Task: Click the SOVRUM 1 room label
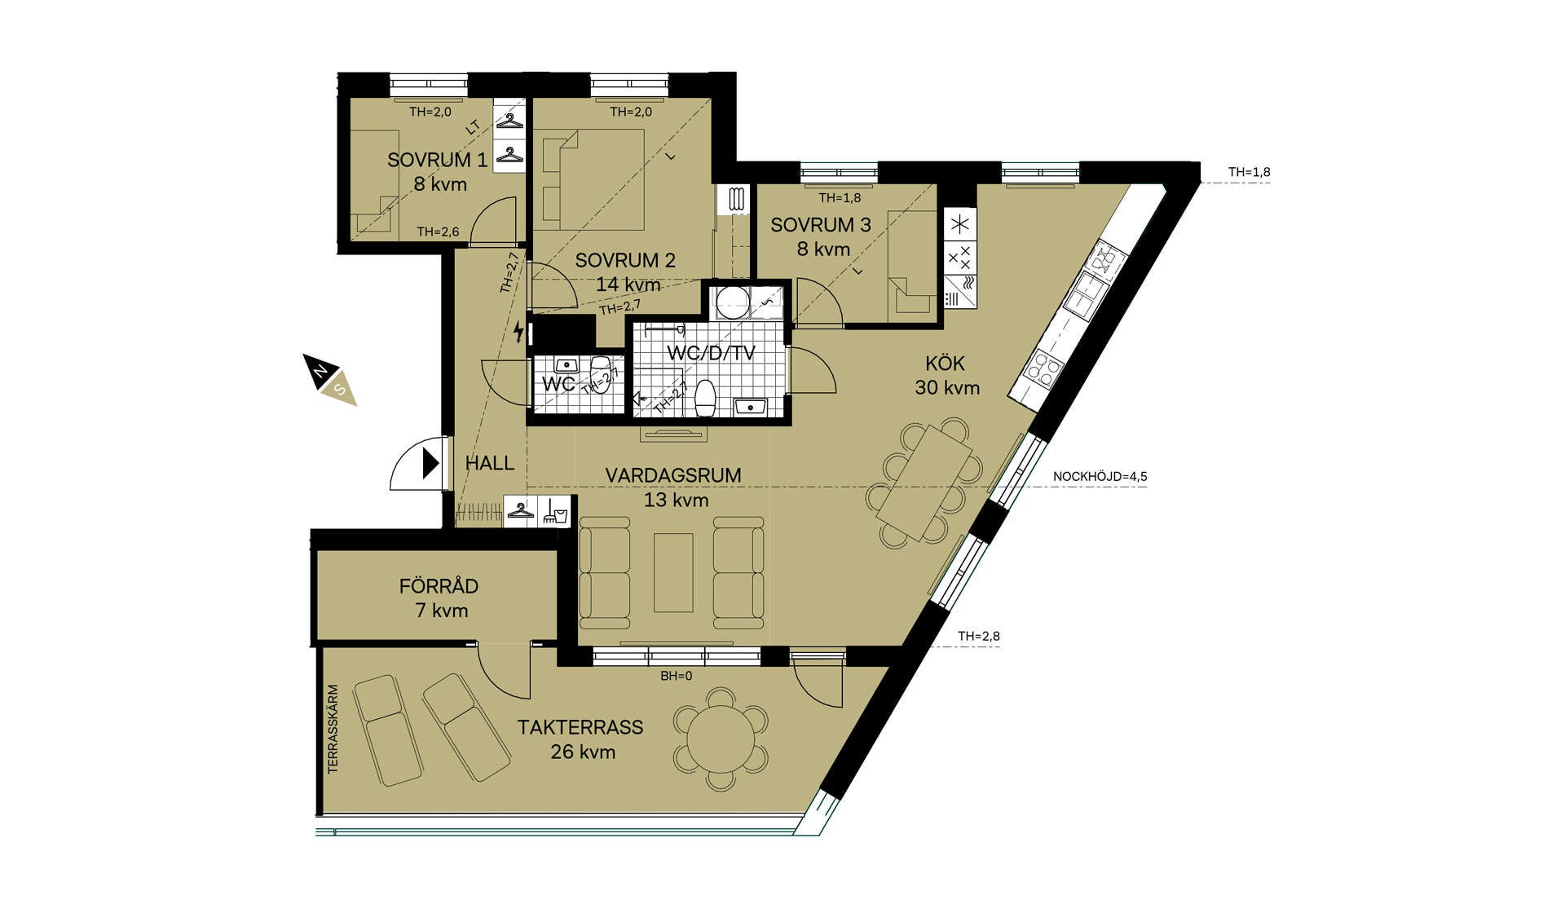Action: click(438, 160)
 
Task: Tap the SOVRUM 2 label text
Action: click(625, 261)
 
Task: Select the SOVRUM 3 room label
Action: click(821, 225)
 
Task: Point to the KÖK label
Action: click(946, 364)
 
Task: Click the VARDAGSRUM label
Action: click(673, 475)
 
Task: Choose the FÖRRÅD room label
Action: click(439, 586)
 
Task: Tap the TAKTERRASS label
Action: click(580, 727)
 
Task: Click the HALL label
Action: click(490, 464)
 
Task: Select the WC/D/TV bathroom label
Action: click(711, 354)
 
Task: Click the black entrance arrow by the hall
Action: click(430, 465)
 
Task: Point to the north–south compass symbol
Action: click(330, 379)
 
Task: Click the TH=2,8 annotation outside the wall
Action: click(979, 637)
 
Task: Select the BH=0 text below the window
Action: click(677, 676)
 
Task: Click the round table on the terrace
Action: click(721, 740)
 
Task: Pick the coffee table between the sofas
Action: click(673, 572)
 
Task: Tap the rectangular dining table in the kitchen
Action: click(924, 483)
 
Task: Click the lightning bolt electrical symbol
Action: click(518, 332)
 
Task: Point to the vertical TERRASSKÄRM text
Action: click(333, 729)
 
